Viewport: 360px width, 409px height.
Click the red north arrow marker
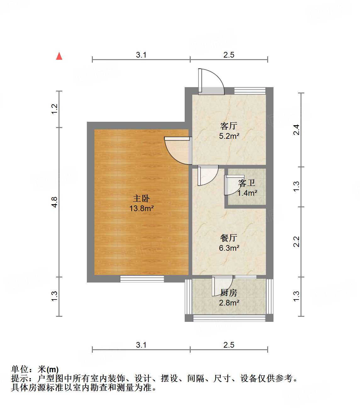pyautogui.click(x=59, y=56)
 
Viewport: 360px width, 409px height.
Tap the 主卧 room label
pyautogui.click(x=141, y=199)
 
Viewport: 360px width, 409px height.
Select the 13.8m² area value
pyautogui.click(x=141, y=208)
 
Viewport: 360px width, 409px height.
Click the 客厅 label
pyautogui.click(x=229, y=126)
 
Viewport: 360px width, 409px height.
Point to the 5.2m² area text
pyautogui.click(x=229, y=136)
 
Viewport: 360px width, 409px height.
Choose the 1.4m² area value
pyautogui.click(x=247, y=193)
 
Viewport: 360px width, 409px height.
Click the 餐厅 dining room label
pyautogui.click(x=229, y=238)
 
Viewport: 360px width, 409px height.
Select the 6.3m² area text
pyautogui.click(x=229, y=248)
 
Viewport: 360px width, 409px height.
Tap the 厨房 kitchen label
pyautogui.click(x=229, y=293)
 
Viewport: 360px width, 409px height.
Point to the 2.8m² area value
pyautogui.click(x=229, y=303)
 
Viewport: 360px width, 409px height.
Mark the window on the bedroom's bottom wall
pyautogui.click(x=142, y=279)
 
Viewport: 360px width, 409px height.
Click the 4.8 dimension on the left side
pyautogui.click(x=55, y=202)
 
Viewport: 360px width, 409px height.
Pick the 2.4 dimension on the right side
pyautogui.click(x=296, y=130)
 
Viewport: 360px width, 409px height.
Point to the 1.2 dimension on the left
pyautogui.click(x=55, y=109)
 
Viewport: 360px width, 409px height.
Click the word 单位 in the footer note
pyautogui.click(x=20, y=369)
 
